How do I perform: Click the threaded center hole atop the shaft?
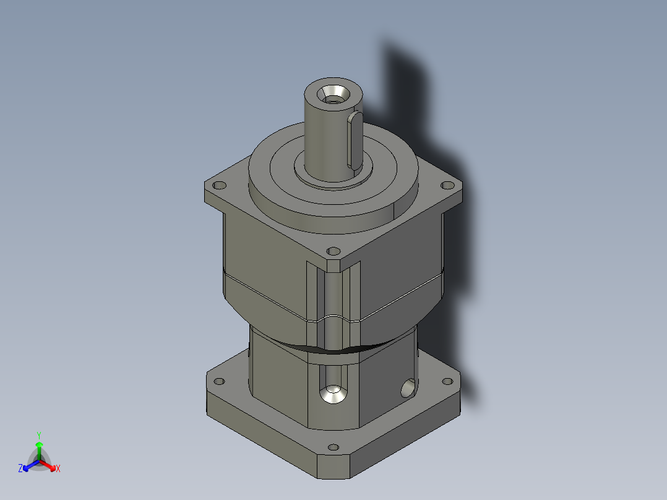click(x=333, y=95)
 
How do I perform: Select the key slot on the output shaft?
click(x=355, y=140)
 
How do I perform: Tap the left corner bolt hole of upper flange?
click(x=218, y=185)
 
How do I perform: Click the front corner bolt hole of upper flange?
click(x=333, y=251)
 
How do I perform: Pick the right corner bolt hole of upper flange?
click(x=447, y=184)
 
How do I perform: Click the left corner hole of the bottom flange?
click(x=218, y=381)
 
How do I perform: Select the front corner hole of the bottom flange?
click(x=333, y=447)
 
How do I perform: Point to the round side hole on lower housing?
click(x=407, y=389)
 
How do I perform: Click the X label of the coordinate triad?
click(x=58, y=469)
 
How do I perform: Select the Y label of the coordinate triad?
click(x=38, y=435)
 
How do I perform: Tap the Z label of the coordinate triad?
click(x=20, y=469)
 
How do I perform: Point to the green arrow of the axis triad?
click(x=39, y=448)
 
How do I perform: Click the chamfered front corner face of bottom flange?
click(x=334, y=467)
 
